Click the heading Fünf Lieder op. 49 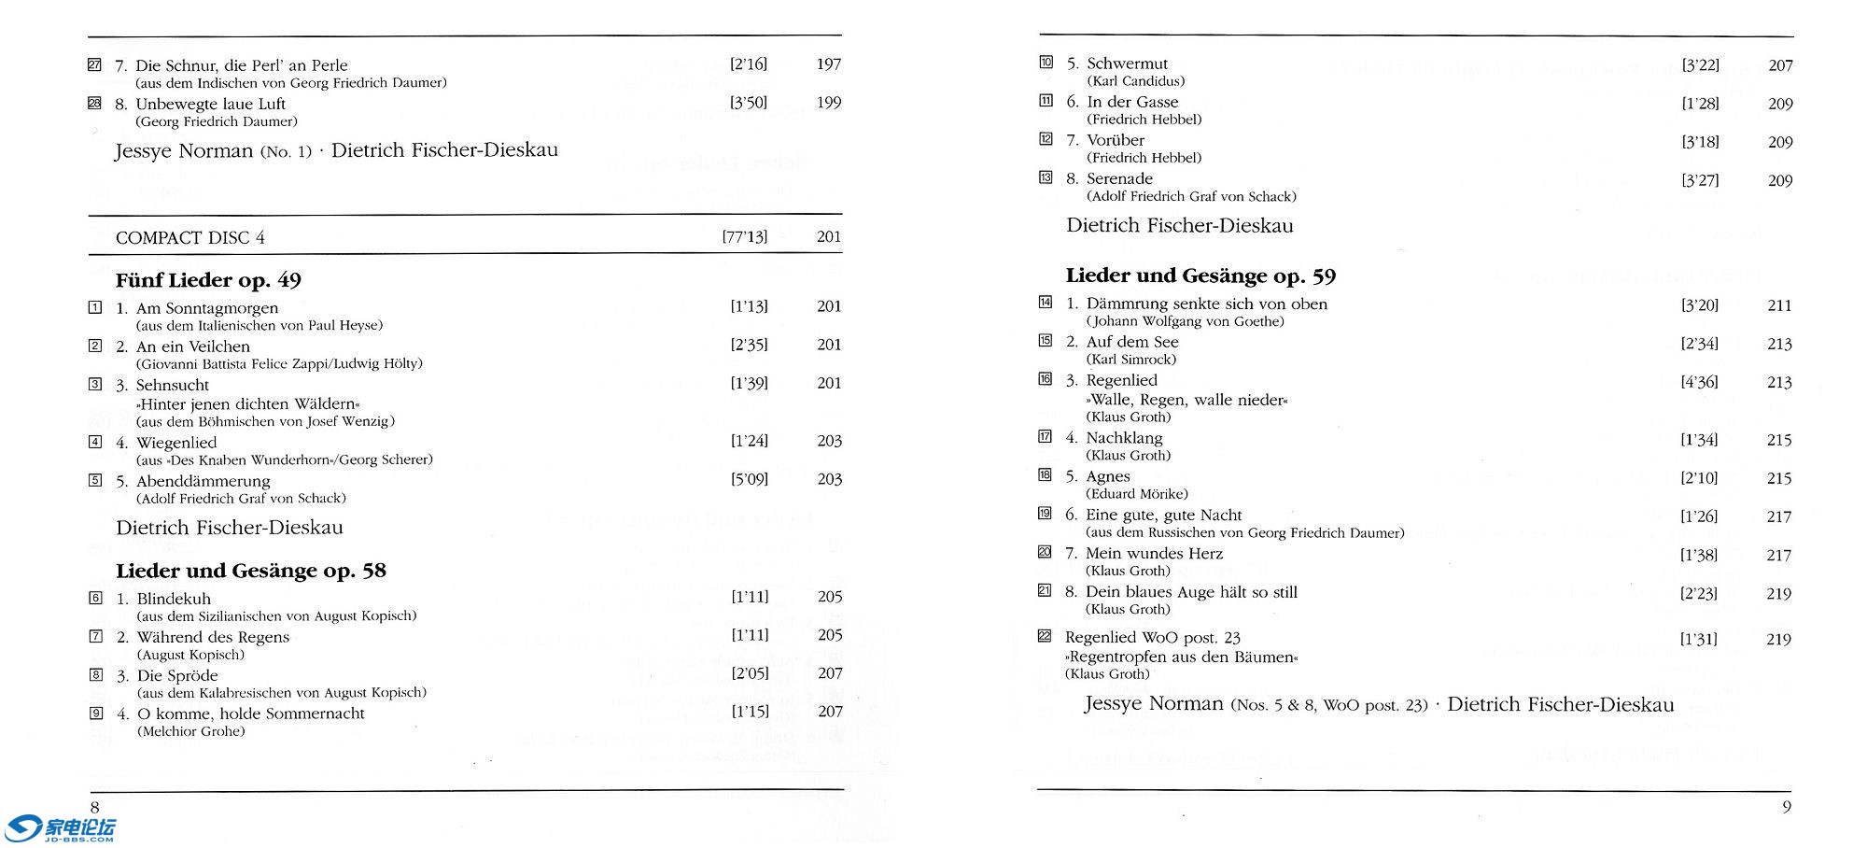[208, 280]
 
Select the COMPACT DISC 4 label [190, 238]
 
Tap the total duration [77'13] [744, 237]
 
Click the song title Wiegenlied [176, 443]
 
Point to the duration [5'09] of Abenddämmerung [749, 479]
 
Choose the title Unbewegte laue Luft [211, 104]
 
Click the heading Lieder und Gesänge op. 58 [251, 571]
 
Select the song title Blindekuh [174, 599]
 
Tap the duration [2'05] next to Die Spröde [750, 673]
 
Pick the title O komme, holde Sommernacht [251, 714]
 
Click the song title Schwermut [1127, 64]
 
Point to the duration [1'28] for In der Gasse [1700, 104]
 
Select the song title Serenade [1119, 178]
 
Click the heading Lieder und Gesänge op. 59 [1200, 276]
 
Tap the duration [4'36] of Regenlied [1699, 382]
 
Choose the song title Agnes [1108, 476]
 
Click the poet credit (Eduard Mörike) [1137, 494]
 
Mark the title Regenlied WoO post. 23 [1152, 638]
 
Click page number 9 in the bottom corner [1787, 807]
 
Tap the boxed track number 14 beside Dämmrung [1046, 303]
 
